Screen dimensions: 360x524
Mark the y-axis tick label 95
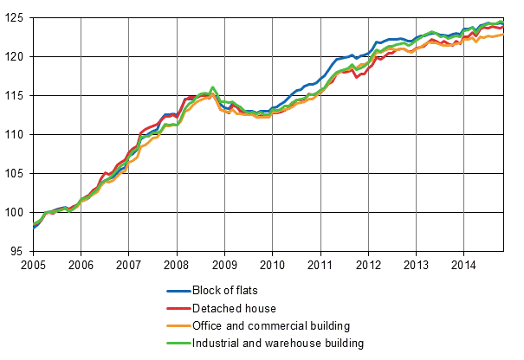click(19, 252)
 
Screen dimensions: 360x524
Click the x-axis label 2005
click(33, 265)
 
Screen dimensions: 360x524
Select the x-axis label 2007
click(128, 265)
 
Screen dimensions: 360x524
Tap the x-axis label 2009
click(224, 265)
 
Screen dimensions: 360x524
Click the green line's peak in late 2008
click(213, 87)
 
